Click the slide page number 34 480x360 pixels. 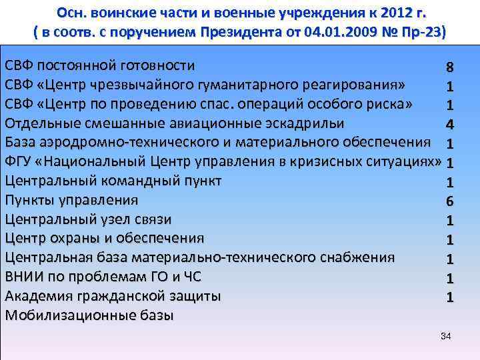click(x=446, y=336)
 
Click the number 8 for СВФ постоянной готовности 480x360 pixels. click(x=451, y=67)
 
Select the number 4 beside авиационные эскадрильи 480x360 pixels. click(x=450, y=124)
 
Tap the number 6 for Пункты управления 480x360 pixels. click(x=450, y=201)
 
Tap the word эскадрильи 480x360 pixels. click(x=303, y=124)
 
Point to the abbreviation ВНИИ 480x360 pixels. click(x=23, y=277)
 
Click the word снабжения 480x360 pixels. click(x=353, y=258)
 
